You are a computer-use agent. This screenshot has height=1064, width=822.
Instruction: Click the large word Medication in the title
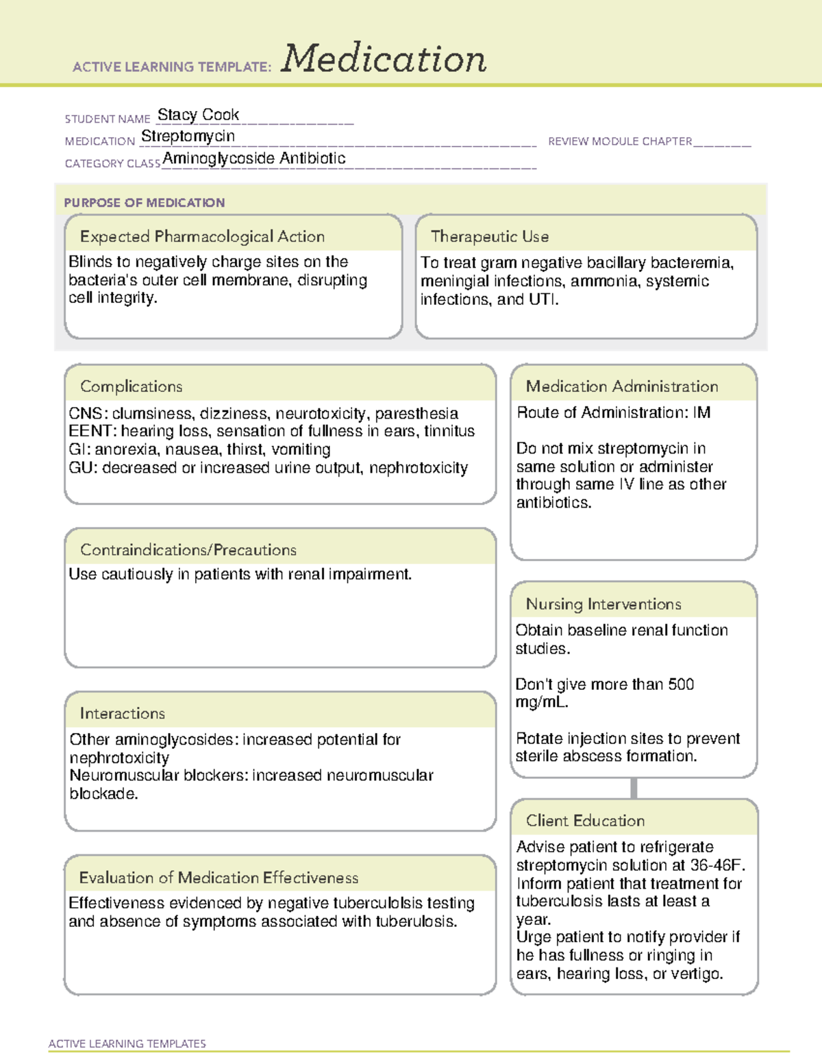[384, 59]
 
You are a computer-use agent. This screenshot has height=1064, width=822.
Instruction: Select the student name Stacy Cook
[198, 114]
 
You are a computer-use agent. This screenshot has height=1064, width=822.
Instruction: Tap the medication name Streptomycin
[188, 136]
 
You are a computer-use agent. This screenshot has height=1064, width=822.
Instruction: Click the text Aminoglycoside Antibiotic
[254, 158]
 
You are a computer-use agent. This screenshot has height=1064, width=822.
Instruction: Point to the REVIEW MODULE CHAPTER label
[620, 141]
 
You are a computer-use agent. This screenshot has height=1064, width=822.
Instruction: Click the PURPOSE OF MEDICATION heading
[144, 203]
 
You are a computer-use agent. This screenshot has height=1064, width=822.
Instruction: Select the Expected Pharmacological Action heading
[202, 236]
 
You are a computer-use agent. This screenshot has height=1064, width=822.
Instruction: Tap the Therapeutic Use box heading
[489, 236]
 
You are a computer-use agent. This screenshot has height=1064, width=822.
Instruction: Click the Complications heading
[131, 386]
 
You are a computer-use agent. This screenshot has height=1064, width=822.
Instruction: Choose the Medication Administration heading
[621, 386]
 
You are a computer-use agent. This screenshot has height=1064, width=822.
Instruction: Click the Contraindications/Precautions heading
[188, 549]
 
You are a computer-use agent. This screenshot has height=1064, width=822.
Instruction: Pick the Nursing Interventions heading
[603, 604]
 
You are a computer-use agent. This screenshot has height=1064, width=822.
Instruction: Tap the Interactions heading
[122, 713]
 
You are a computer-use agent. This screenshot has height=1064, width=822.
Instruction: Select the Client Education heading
[585, 820]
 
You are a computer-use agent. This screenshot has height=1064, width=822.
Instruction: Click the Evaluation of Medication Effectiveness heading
[219, 878]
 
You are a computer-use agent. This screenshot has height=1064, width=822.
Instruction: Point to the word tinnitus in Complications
[449, 431]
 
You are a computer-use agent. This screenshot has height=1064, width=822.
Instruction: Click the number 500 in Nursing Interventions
[680, 684]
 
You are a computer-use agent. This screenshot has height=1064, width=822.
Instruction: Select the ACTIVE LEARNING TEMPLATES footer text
[127, 1043]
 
